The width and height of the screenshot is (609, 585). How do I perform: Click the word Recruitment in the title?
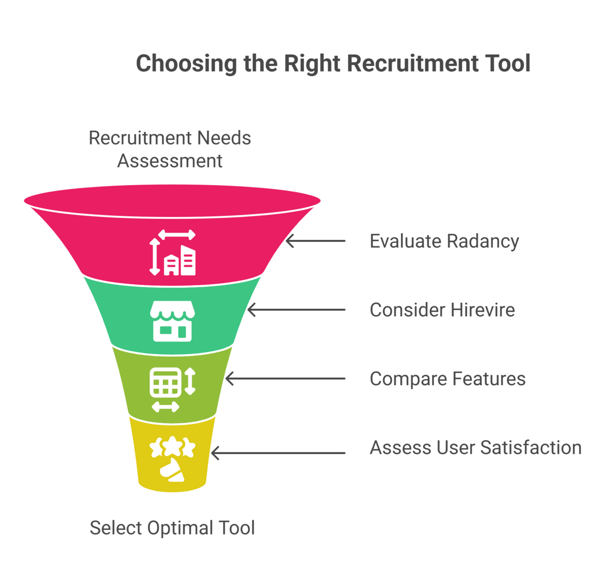(x=413, y=64)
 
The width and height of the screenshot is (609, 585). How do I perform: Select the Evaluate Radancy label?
(x=444, y=241)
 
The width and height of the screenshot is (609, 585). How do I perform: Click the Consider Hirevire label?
(x=442, y=310)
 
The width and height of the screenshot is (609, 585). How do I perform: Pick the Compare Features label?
(x=447, y=379)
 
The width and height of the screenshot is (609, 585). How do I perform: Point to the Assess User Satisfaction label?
(x=476, y=448)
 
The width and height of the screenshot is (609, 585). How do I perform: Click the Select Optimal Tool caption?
(x=172, y=528)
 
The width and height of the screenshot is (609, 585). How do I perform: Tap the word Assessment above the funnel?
(x=170, y=161)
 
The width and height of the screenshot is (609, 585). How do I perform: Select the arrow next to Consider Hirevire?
(x=296, y=310)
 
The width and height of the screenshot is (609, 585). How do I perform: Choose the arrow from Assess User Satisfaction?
(x=278, y=453)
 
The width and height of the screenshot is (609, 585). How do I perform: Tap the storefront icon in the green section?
(x=173, y=321)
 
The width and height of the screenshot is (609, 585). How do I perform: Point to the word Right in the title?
(x=312, y=64)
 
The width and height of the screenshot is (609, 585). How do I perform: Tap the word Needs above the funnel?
(x=224, y=138)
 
